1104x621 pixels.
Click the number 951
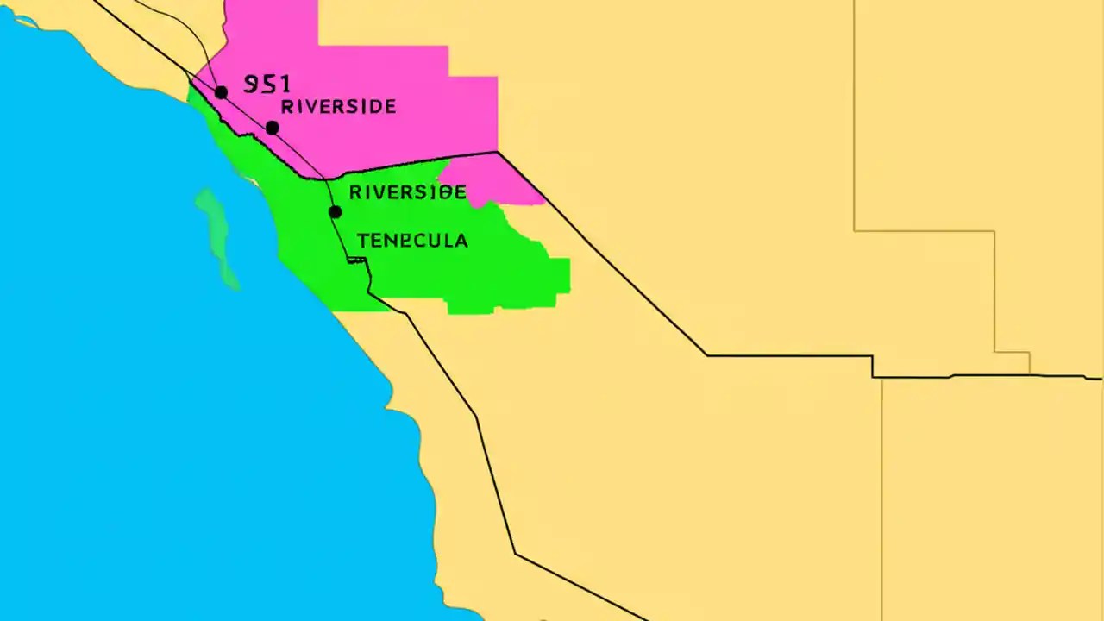(x=267, y=84)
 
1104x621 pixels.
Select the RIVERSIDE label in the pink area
(x=338, y=107)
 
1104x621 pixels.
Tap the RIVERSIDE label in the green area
(x=407, y=192)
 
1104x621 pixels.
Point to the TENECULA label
(x=412, y=241)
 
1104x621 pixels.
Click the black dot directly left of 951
(x=221, y=92)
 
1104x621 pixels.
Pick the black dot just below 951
(x=272, y=128)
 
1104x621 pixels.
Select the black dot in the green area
(x=335, y=211)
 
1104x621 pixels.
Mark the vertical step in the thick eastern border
(x=873, y=366)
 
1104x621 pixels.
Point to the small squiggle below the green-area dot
(x=357, y=260)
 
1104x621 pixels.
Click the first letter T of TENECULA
(x=362, y=241)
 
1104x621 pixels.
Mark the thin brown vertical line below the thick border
(x=881, y=500)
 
